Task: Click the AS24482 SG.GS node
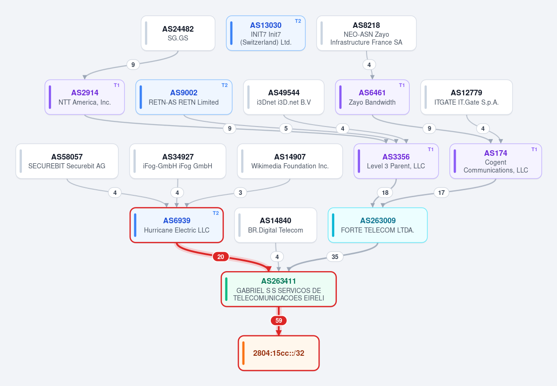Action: pyautogui.click(x=178, y=33)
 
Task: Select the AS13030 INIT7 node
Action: pyautogui.click(x=266, y=33)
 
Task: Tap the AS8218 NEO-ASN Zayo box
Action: pyautogui.click(x=366, y=33)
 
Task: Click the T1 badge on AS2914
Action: pyautogui.click(x=117, y=86)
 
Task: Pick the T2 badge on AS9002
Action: pyautogui.click(x=224, y=86)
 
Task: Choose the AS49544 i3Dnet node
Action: pyautogui.click(x=284, y=97)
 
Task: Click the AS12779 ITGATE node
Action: pyautogui.click(x=466, y=97)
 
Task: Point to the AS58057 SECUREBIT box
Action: pyautogui.click(x=67, y=161)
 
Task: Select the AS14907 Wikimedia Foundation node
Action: pyautogui.click(x=290, y=161)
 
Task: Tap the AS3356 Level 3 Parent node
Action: pyautogui.click(x=396, y=161)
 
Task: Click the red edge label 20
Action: pyautogui.click(x=221, y=257)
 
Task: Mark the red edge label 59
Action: pyautogui.click(x=279, y=320)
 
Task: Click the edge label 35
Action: pyautogui.click(x=335, y=257)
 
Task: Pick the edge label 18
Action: pyautogui.click(x=385, y=193)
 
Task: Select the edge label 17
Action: pyautogui.click(x=441, y=193)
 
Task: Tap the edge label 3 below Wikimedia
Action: pyautogui.click(x=241, y=193)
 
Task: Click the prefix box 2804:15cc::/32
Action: pyautogui.click(x=279, y=353)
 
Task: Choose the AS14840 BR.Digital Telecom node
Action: pyautogui.click(x=275, y=225)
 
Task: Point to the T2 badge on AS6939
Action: pyautogui.click(x=216, y=213)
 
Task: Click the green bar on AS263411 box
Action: pyautogui.click(x=226, y=289)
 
